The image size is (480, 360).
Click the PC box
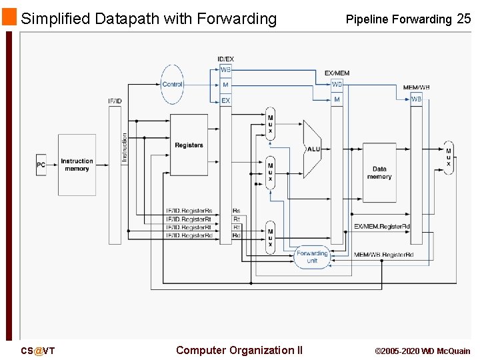pos(41,165)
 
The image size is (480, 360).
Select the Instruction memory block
pos(77,165)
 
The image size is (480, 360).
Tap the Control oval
pos(172,85)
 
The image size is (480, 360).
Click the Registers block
pos(189,145)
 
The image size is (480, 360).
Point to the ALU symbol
pos(312,149)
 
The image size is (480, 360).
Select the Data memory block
pos(379,173)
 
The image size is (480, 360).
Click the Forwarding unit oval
pos(312,257)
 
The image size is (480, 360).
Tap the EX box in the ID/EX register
pos(226,101)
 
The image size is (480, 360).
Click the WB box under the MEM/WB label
pos(416,99)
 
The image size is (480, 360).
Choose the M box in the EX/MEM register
pos(337,99)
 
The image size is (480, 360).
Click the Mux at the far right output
pos(448,157)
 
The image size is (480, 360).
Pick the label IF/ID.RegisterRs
pos(189,211)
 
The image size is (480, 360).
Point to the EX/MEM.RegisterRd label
pos(382,227)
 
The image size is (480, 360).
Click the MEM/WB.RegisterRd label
pos(383,255)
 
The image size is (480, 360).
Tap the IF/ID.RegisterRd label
pos(189,235)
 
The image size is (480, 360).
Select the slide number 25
pos(463,19)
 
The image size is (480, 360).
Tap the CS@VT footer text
pos(37,351)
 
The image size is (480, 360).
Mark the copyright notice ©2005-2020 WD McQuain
pos(422,351)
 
